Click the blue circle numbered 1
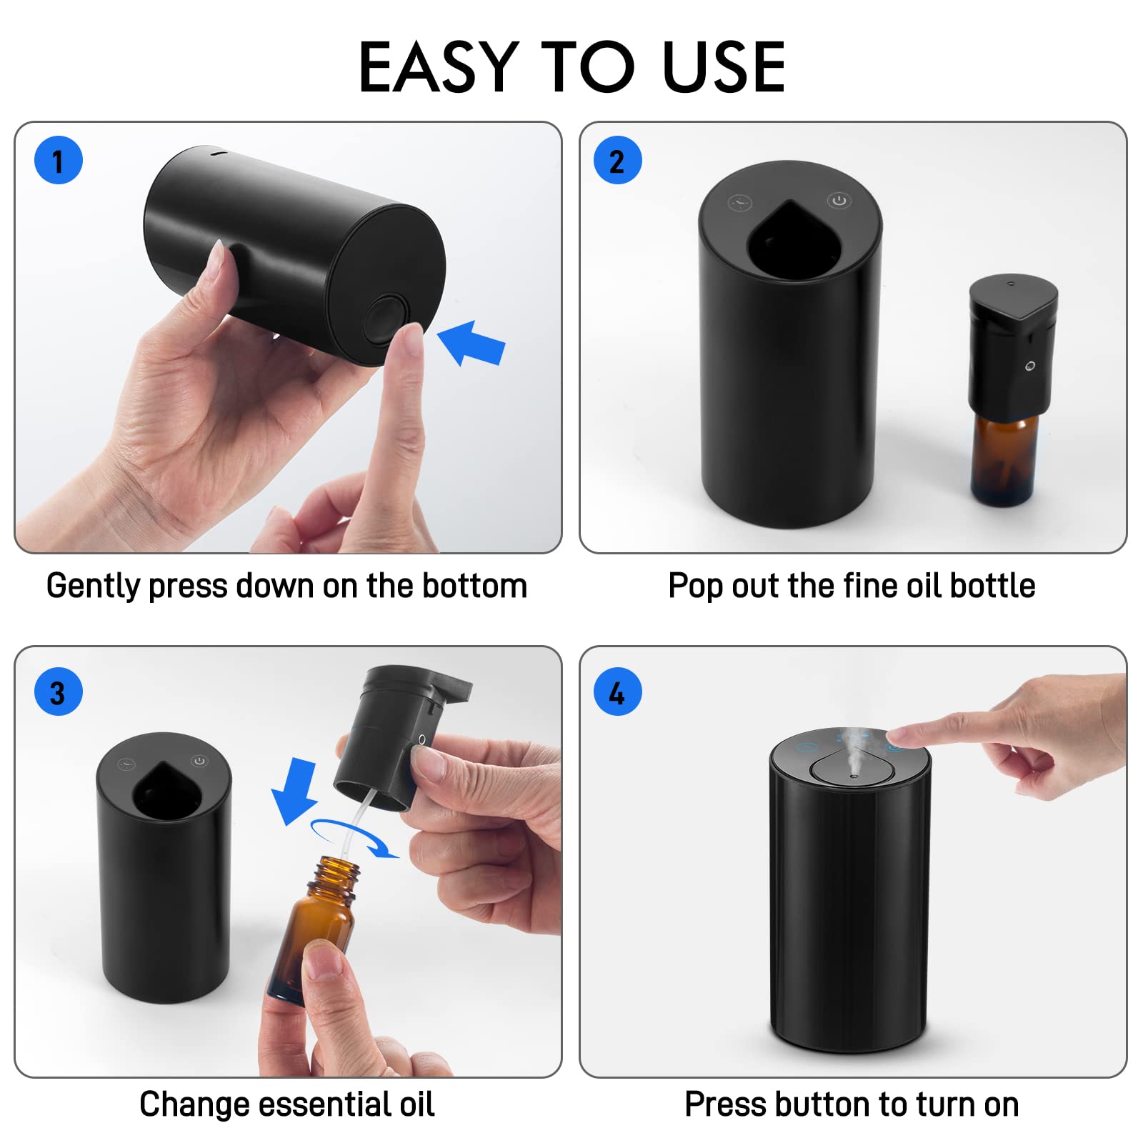[x=59, y=160]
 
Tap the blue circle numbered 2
[x=618, y=160]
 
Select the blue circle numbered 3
[x=59, y=692]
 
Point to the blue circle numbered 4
[x=618, y=692]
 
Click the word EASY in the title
[x=438, y=68]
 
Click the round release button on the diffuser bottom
[x=386, y=319]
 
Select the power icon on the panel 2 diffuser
[x=839, y=201]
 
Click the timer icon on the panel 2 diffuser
[x=740, y=204]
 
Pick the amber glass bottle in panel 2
[x=1003, y=457]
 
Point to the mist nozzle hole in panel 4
[x=853, y=774]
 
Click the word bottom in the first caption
[x=474, y=586]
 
